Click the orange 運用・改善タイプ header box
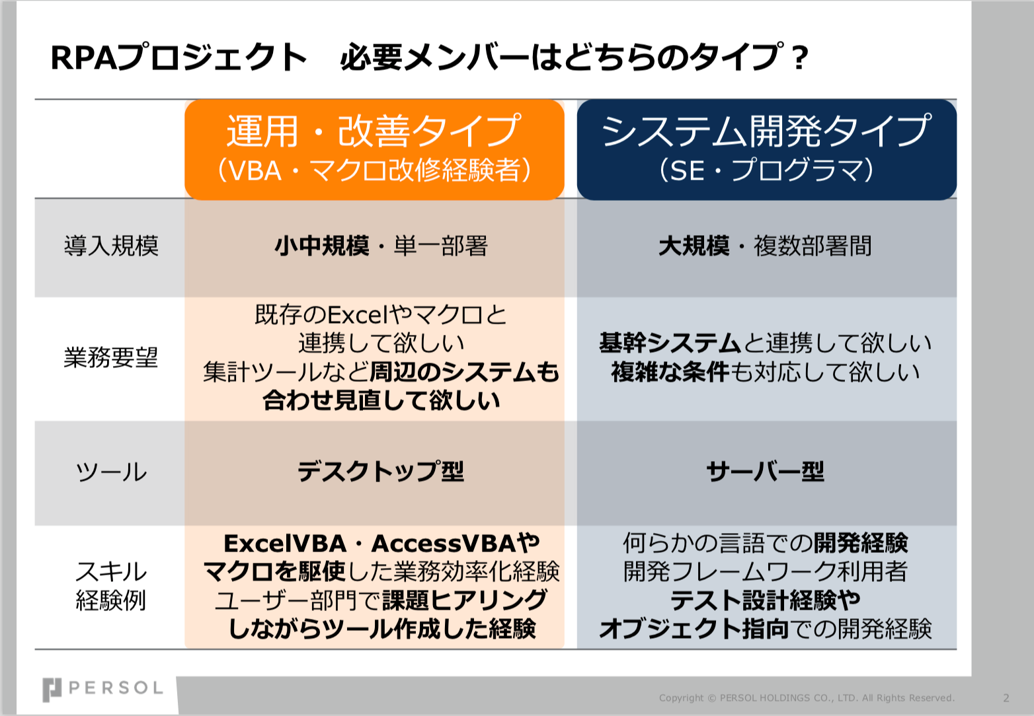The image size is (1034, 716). [374, 149]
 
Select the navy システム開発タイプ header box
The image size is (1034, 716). [767, 149]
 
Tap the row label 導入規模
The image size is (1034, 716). [111, 245]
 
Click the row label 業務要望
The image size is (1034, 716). [111, 358]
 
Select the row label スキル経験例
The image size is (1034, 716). [111, 585]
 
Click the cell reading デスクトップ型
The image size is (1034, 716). [381, 471]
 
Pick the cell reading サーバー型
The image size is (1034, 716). [766, 471]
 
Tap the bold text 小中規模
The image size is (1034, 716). [322, 245]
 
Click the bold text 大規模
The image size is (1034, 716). [694, 245]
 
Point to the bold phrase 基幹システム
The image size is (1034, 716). [670, 343]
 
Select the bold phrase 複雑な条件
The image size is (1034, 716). [670, 372]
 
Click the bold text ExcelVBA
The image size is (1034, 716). [285, 543]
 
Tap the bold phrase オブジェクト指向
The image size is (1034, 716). [694, 628]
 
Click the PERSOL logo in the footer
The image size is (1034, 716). [102, 690]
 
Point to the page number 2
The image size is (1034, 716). [1006, 698]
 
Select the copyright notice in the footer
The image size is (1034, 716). [807, 698]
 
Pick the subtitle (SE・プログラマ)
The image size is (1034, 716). [767, 170]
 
